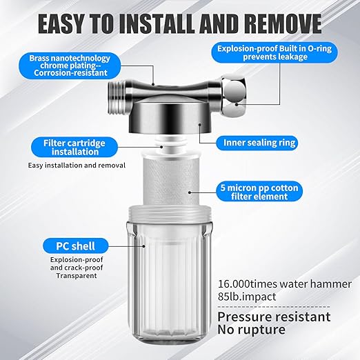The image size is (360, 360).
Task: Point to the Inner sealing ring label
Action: tap(259, 143)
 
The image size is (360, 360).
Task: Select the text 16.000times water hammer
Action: tap(285, 284)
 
